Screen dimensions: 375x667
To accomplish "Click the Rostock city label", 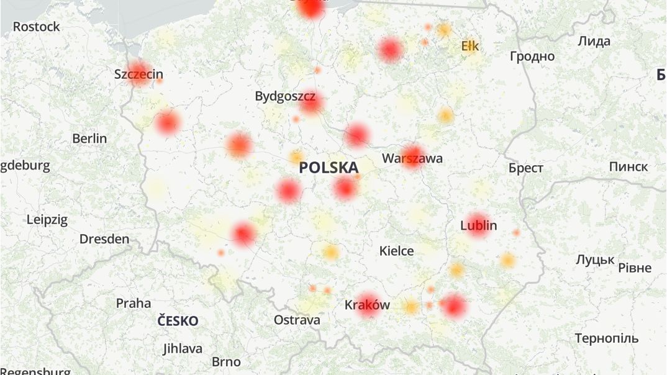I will click(37, 27).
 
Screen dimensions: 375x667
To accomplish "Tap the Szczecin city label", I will click(138, 75).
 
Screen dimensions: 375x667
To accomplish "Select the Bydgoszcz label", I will click(285, 96).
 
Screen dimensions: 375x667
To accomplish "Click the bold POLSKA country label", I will click(329, 168).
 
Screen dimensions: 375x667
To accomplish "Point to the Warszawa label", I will click(412, 158).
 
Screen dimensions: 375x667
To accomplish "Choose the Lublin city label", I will click(479, 225).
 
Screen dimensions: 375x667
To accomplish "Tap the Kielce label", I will click(397, 251).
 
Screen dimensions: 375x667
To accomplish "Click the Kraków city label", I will click(367, 305).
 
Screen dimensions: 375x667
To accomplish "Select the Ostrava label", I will click(297, 320).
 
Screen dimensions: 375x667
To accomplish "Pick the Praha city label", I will click(134, 303).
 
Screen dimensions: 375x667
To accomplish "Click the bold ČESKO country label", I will click(178, 321).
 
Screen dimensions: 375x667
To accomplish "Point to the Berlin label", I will click(89, 138).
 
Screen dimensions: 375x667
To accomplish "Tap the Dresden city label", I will click(104, 239).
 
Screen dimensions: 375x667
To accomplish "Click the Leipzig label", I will click(47, 219).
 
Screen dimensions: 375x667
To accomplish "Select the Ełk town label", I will click(470, 46).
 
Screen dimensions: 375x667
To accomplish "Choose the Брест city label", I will click(525, 168).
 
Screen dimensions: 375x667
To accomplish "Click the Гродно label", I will click(532, 56).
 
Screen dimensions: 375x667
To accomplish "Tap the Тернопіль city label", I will click(606, 338).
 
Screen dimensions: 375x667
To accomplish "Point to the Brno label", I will click(226, 361).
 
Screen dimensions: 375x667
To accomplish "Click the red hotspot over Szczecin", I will click(138, 73).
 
